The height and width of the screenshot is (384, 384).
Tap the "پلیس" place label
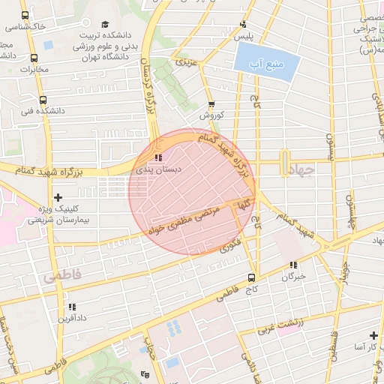244,36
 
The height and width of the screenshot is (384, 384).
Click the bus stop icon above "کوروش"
211,104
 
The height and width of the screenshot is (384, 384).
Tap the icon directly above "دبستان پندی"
157,158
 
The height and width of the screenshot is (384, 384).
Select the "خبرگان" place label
293,277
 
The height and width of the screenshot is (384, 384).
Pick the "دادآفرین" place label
72,318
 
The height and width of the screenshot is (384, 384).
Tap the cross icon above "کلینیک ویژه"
58,198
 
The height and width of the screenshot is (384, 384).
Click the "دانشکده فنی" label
69,110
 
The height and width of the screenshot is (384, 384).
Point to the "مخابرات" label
33,70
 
